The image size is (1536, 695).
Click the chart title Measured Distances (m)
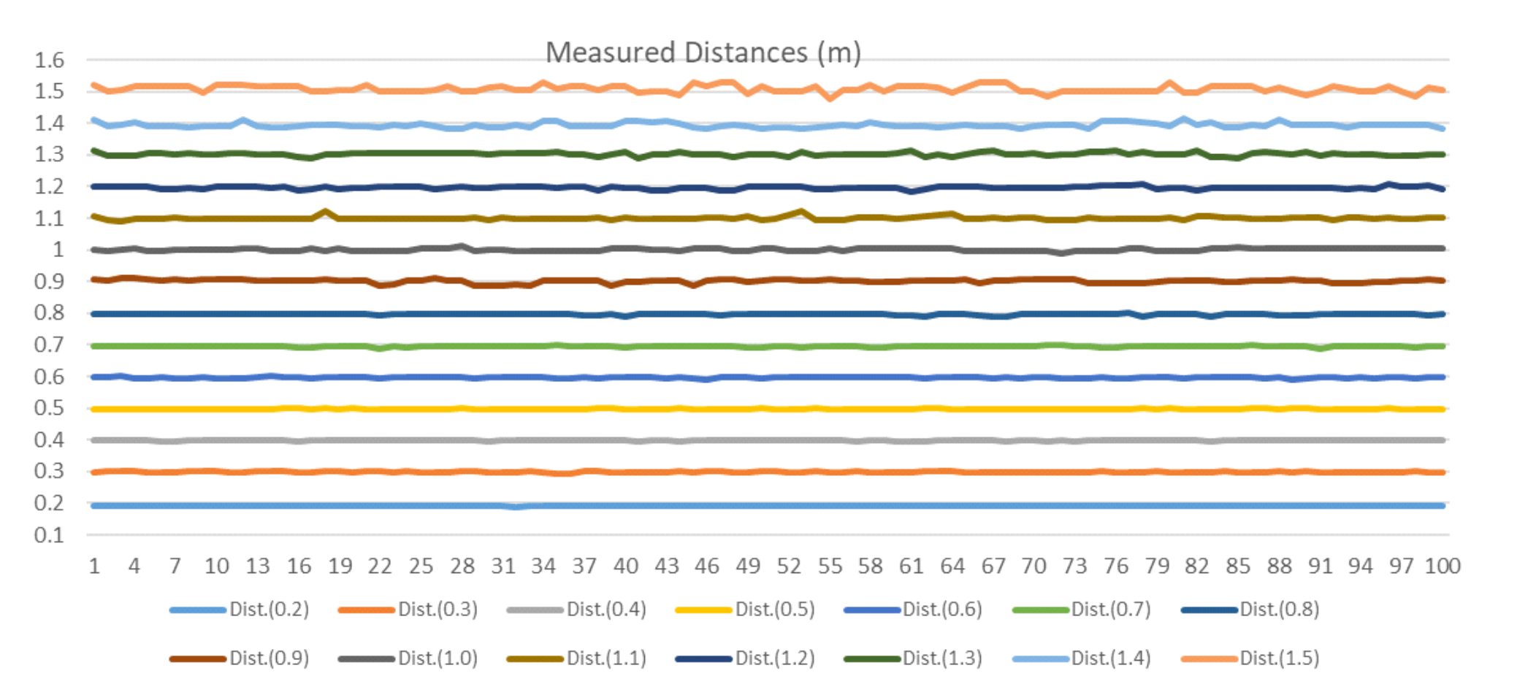pyautogui.click(x=703, y=53)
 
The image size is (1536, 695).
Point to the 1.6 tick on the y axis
pyautogui.click(x=49, y=61)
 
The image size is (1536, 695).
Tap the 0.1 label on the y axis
pyautogui.click(x=49, y=535)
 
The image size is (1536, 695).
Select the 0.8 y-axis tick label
pyautogui.click(x=49, y=313)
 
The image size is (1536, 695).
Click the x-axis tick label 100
pyautogui.click(x=1442, y=567)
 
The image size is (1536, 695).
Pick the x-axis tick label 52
pyautogui.click(x=788, y=567)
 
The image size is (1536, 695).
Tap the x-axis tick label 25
pyautogui.click(x=421, y=567)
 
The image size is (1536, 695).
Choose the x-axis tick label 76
pyautogui.click(x=1115, y=567)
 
